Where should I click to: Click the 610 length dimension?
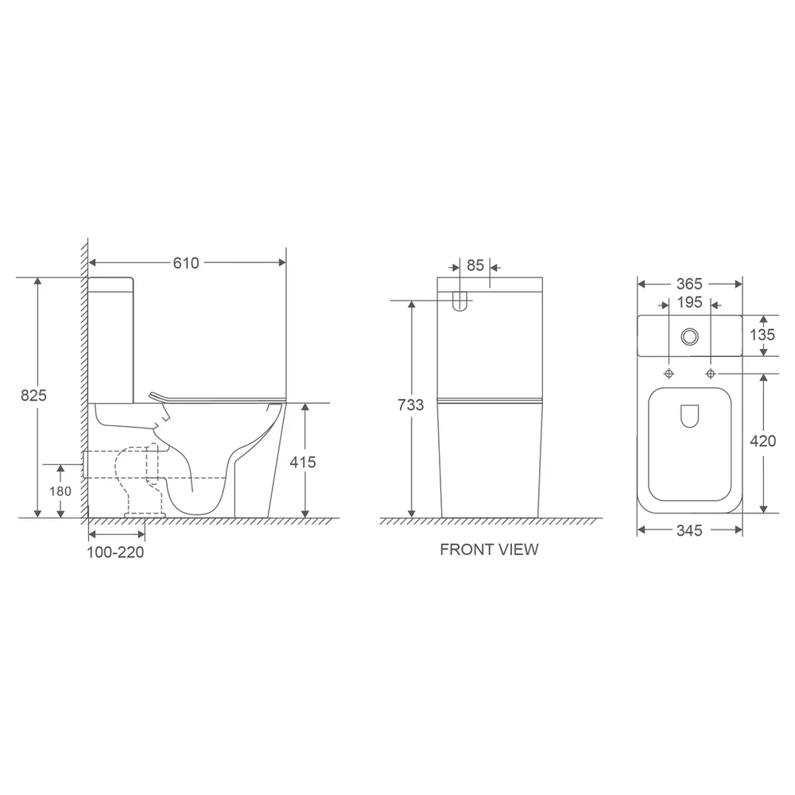pyautogui.click(x=186, y=262)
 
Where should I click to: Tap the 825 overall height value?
pyautogui.click(x=33, y=395)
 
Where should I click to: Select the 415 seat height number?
pyautogui.click(x=303, y=462)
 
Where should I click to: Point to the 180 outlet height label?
pyautogui.click(x=60, y=491)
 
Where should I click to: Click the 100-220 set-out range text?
pyautogui.click(x=115, y=553)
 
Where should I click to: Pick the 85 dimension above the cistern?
pyautogui.click(x=475, y=266)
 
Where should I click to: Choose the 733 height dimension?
pyautogui.click(x=411, y=405)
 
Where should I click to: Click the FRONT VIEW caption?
pyautogui.click(x=489, y=549)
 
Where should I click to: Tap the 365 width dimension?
pyautogui.click(x=689, y=284)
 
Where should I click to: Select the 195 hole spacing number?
pyautogui.click(x=689, y=302)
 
